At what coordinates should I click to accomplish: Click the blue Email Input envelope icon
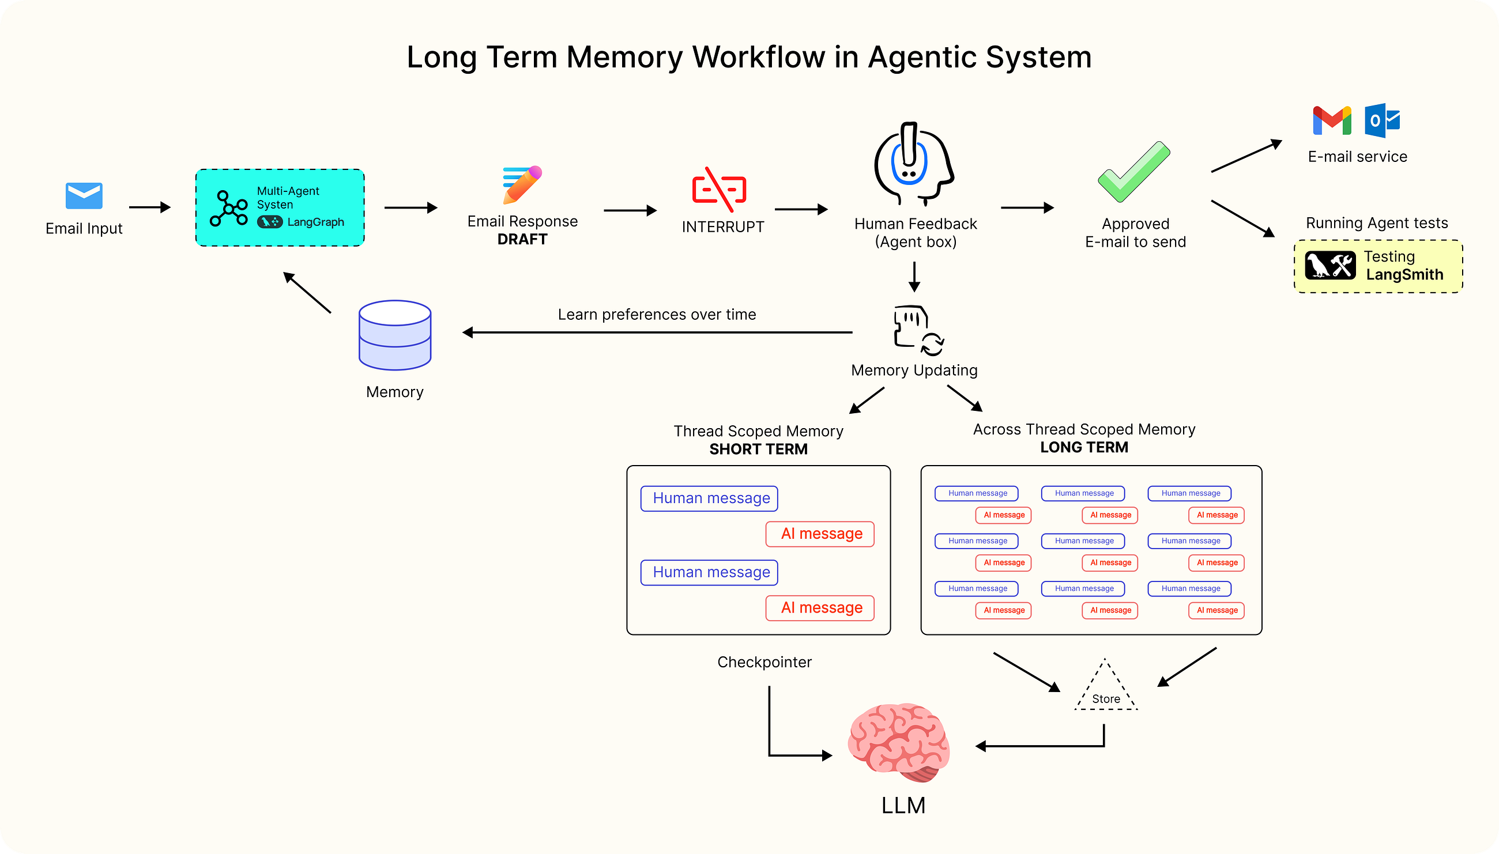coord(84,195)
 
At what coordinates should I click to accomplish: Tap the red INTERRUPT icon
coord(719,190)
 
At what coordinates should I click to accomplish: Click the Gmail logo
coord(1331,120)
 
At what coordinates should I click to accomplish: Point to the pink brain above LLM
coord(898,743)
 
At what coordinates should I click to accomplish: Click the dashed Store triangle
coord(1106,689)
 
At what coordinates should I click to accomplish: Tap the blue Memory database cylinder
coord(395,335)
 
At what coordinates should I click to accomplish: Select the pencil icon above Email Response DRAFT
coord(522,184)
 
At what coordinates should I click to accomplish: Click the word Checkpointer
coord(764,662)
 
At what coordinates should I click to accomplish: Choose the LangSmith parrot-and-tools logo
coord(1330,265)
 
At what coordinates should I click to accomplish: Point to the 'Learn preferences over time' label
coord(657,315)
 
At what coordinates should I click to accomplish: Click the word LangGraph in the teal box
coord(315,222)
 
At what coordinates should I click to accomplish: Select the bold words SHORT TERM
coord(758,449)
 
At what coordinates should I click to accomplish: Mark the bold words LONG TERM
coord(1084,448)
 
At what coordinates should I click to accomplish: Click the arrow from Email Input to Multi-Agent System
coord(149,207)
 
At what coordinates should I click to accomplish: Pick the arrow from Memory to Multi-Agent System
coord(307,292)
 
